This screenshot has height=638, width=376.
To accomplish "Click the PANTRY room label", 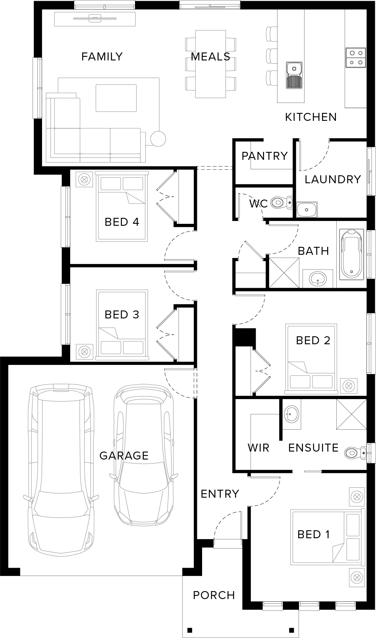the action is click(x=264, y=156).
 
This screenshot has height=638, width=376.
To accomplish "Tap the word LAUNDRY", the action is click(x=333, y=179).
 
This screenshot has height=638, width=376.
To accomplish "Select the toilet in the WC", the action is click(x=281, y=202).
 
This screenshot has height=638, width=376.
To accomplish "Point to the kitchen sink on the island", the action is click(x=294, y=75).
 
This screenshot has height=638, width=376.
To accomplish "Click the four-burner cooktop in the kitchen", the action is click(x=356, y=58).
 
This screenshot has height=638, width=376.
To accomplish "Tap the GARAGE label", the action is click(x=124, y=456).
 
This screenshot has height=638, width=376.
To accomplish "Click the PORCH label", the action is click(x=214, y=595).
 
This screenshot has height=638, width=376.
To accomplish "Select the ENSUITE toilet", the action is click(x=355, y=452).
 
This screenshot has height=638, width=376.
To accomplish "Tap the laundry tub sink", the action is click(x=307, y=209).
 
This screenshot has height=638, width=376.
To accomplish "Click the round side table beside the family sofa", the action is click(x=158, y=139).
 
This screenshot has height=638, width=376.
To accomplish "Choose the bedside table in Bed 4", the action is click(x=84, y=179).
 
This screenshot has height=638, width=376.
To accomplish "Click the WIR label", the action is click(x=258, y=448).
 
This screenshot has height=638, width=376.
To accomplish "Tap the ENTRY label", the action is click(x=220, y=494).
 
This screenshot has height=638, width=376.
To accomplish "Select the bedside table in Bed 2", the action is click(x=349, y=386).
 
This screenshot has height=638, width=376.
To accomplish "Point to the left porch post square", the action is click(x=190, y=630).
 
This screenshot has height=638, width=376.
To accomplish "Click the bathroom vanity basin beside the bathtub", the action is click(x=318, y=279).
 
